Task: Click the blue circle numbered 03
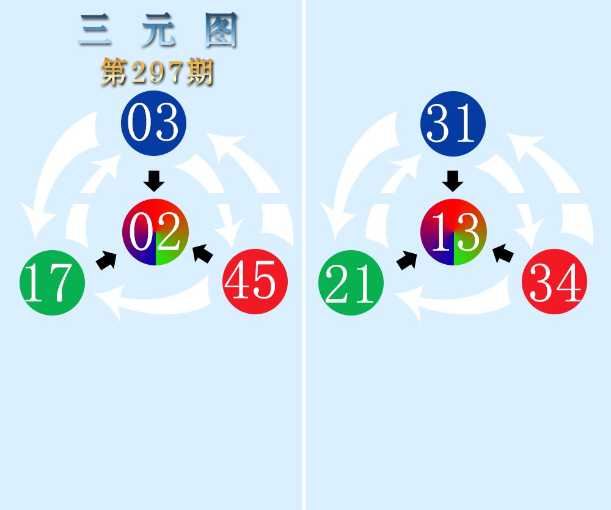153,123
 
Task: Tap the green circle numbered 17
52,283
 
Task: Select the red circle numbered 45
255,281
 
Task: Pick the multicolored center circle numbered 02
155,232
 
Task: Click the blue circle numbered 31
453,124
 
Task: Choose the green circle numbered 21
351,283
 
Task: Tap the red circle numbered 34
555,281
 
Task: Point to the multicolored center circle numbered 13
453,232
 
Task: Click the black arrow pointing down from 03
154,181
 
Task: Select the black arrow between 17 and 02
106,260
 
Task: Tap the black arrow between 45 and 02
203,253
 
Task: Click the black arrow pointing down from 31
453,181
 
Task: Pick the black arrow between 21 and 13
406,260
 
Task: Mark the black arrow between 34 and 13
503,253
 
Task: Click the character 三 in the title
95,30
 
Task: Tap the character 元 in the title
158,30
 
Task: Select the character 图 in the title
221,30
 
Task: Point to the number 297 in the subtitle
157,73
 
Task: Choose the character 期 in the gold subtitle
200,72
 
